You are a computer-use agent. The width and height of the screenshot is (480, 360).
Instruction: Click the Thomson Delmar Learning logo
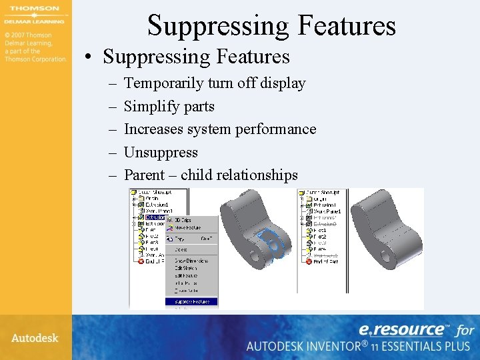[34, 15]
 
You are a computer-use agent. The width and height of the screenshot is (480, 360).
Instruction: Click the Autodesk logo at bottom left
[34, 338]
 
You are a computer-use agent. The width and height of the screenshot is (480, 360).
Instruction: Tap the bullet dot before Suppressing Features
[89, 57]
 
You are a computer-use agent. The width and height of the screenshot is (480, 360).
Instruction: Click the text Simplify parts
[169, 106]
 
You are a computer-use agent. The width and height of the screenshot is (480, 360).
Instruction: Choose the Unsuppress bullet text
[161, 152]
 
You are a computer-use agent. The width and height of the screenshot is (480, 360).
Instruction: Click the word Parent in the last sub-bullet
[144, 175]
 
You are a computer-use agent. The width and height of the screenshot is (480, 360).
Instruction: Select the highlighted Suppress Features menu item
[191, 301]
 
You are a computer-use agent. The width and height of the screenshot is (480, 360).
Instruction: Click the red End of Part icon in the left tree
[141, 261]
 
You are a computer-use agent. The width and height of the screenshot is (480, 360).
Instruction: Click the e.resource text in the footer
[402, 329]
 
